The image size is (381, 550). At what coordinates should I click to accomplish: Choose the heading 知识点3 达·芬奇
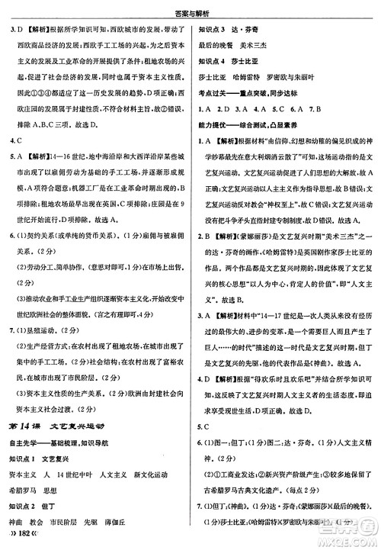pyautogui.click(x=229, y=31)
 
